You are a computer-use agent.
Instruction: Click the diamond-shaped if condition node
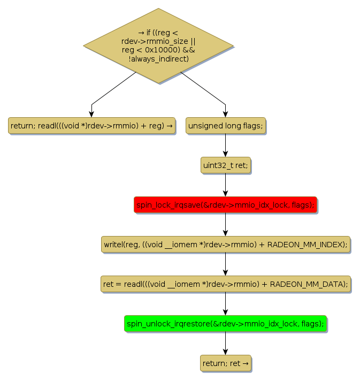[x=158, y=45]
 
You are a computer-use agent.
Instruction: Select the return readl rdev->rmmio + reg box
[x=91, y=126]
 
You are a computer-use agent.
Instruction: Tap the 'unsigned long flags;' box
[x=225, y=126]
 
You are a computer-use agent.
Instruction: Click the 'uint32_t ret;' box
[x=225, y=165]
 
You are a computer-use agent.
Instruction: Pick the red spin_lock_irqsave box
[x=225, y=205]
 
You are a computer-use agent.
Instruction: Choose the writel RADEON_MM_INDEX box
[x=225, y=245]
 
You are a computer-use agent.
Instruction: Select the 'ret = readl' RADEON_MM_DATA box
[x=225, y=284]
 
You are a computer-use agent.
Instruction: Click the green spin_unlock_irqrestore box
[x=225, y=324]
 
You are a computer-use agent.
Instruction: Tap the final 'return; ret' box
[x=225, y=363]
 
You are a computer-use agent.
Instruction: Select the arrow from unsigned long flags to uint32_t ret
[x=225, y=146]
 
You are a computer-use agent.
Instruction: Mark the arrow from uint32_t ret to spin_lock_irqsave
[x=225, y=185]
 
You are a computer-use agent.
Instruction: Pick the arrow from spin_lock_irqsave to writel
[x=225, y=225]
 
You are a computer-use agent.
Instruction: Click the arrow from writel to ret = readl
[x=225, y=264]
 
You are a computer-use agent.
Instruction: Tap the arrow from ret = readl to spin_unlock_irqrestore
[x=225, y=304]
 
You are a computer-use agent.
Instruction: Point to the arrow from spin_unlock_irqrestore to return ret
[x=225, y=344]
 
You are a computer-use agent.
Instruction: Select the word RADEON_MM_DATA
[x=308, y=284]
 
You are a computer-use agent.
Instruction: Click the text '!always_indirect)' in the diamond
[x=158, y=58]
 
